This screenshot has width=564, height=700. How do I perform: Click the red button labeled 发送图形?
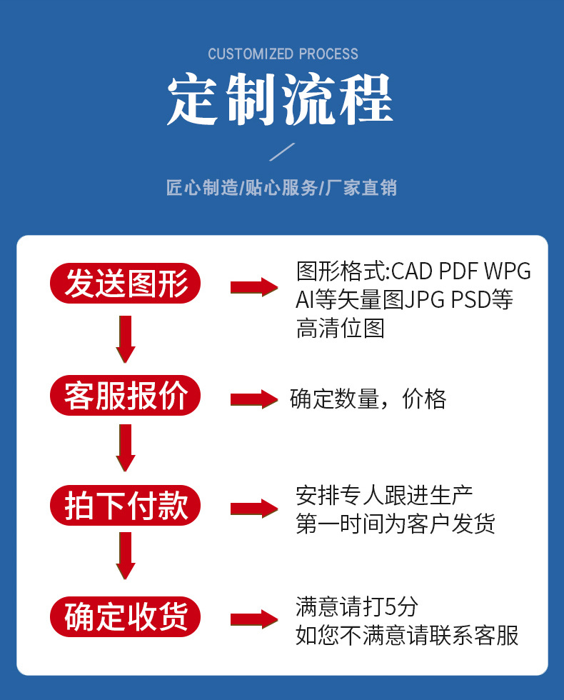(x=125, y=284)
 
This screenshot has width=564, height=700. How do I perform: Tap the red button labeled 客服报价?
(x=125, y=396)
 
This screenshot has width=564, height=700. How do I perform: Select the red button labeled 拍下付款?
(x=125, y=506)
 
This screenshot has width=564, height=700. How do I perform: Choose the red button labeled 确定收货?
(x=125, y=617)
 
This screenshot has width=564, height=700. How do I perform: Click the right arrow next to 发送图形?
(x=253, y=287)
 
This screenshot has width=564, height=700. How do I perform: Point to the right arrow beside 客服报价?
(x=253, y=399)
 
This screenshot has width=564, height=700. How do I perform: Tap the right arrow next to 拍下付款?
(x=253, y=509)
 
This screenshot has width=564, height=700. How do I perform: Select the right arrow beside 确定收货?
(x=253, y=619)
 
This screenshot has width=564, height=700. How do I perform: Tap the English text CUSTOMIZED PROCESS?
(x=283, y=54)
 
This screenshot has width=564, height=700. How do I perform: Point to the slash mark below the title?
(x=281, y=152)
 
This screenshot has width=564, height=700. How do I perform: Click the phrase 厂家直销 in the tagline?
(x=361, y=189)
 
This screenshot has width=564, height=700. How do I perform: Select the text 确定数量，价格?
(x=368, y=399)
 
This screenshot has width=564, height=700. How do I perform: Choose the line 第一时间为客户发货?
(x=395, y=525)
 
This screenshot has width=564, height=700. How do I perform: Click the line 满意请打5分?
(x=356, y=607)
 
